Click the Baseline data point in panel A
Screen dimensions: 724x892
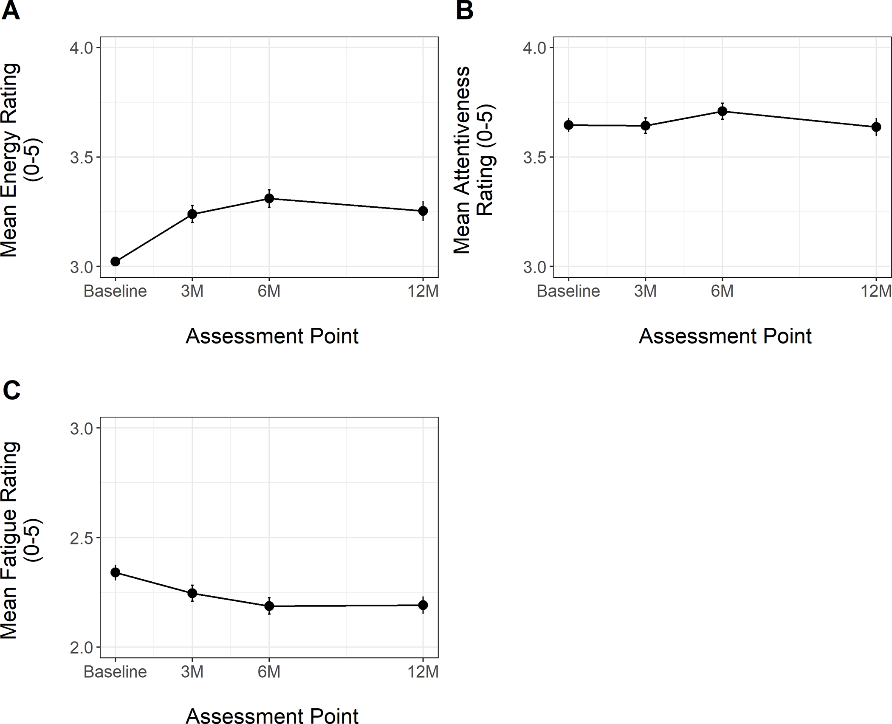115,262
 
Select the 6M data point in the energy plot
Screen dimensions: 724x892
269,198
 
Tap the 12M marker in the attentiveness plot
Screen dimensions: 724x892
876,127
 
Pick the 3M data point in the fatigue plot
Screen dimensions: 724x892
192,593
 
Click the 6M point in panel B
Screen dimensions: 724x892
722,112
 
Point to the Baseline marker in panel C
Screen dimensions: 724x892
115,572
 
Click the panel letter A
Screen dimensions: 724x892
11,11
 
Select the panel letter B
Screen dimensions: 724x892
464,11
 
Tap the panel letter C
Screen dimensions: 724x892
11,389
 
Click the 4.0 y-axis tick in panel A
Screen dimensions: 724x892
82,48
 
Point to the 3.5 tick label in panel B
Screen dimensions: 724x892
534,158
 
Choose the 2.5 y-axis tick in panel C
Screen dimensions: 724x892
82,538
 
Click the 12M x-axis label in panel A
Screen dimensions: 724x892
423,291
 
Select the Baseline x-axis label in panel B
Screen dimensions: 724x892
568,291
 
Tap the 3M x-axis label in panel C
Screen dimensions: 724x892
192,672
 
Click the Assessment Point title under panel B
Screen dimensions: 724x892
725,336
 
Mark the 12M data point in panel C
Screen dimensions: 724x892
423,605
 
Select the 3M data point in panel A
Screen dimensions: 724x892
192,214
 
